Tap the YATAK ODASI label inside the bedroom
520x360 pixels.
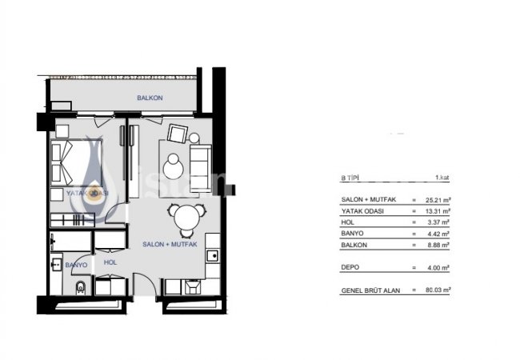coord(88,194)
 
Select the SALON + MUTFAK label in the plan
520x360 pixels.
coord(169,243)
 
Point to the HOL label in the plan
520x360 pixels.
coord(110,261)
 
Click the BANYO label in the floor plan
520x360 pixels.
coord(76,265)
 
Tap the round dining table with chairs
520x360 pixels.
coord(185,217)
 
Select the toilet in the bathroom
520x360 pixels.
coord(78,288)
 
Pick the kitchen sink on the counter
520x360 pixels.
coord(212,256)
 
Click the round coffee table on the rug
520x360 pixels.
coord(174,166)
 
